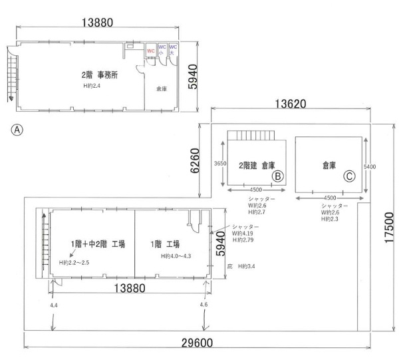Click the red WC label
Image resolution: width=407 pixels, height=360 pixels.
[151, 51]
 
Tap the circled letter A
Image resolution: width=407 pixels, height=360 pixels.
[17, 130]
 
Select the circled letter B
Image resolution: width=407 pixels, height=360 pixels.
[278, 176]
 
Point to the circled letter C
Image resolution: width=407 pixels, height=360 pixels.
[349, 176]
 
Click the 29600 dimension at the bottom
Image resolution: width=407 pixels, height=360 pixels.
[197, 343]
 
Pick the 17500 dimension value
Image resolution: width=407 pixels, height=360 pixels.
[389, 228]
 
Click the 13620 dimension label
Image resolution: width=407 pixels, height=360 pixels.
[291, 104]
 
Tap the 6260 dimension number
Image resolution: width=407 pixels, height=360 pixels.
[195, 160]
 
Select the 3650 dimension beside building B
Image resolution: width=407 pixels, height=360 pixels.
[220, 164]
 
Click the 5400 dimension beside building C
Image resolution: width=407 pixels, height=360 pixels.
[370, 166]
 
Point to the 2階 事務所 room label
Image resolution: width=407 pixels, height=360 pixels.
[100, 75]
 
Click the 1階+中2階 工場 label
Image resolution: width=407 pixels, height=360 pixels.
[98, 244]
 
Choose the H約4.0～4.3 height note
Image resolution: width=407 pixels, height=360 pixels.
[176, 256]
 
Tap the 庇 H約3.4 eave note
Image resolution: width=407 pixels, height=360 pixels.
[241, 266]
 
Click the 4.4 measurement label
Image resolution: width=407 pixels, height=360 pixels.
[54, 305]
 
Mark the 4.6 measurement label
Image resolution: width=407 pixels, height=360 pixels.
[203, 304]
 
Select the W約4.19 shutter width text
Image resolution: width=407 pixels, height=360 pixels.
[243, 234]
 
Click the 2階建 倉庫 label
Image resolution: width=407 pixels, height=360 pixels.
[257, 166]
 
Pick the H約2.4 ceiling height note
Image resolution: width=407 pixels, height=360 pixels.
[92, 86]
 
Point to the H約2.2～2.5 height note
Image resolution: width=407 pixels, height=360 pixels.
[74, 263]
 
